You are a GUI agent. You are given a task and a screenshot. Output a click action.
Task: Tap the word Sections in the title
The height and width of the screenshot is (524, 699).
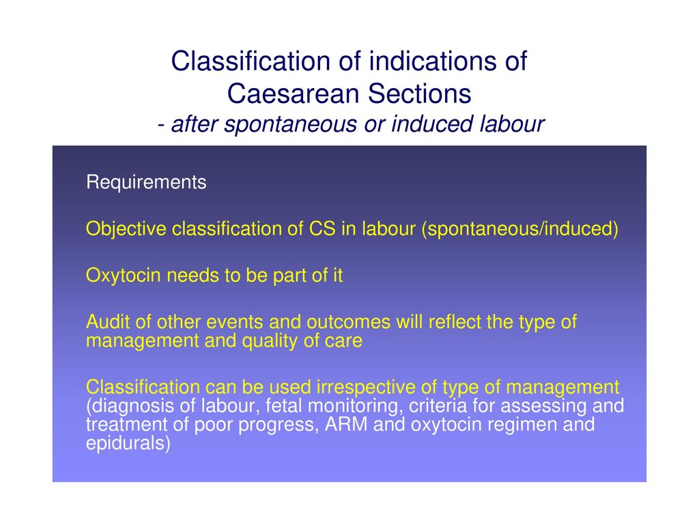click(420, 93)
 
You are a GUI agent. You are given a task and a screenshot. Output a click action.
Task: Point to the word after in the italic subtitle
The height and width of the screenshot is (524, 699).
click(195, 123)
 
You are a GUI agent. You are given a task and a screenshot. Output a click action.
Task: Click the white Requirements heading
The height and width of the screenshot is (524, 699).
click(146, 182)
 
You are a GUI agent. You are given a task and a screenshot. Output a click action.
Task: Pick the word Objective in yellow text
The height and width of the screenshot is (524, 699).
click(126, 229)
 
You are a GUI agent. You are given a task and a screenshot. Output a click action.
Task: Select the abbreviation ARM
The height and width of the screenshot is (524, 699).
click(346, 424)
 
